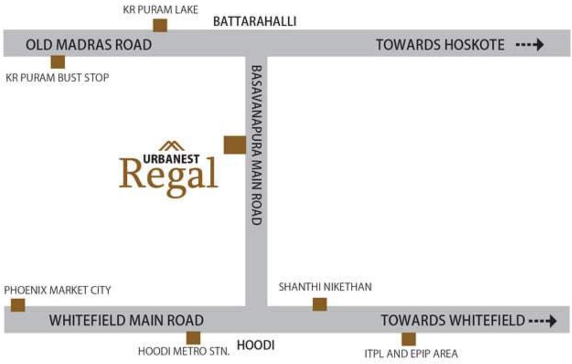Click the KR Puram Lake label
[x=160, y=9]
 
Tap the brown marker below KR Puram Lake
[x=160, y=25]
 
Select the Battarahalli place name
[x=254, y=21]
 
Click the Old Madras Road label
[x=88, y=45]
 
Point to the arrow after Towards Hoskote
[x=530, y=45]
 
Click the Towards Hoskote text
[x=440, y=45]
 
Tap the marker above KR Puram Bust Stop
[x=58, y=62]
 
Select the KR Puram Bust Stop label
[x=57, y=77]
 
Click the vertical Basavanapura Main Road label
[x=256, y=145]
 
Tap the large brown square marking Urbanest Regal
[x=234, y=145]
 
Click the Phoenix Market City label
[x=57, y=290]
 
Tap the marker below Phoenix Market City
[x=18, y=305]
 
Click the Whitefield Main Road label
[x=126, y=320]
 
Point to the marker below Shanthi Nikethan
[x=319, y=304]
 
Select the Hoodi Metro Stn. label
[x=184, y=352]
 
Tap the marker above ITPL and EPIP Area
[x=408, y=339]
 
